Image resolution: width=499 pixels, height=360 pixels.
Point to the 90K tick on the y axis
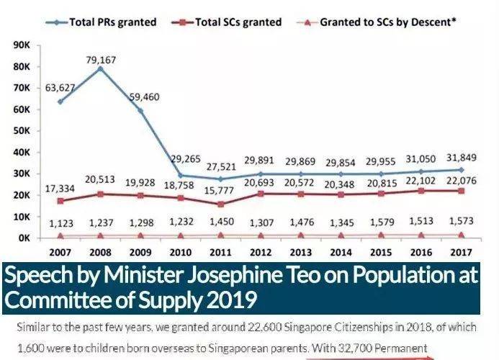coord(19,45)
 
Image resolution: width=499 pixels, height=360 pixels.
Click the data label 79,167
coord(102,58)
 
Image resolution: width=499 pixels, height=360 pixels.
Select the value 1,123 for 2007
coord(60,224)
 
